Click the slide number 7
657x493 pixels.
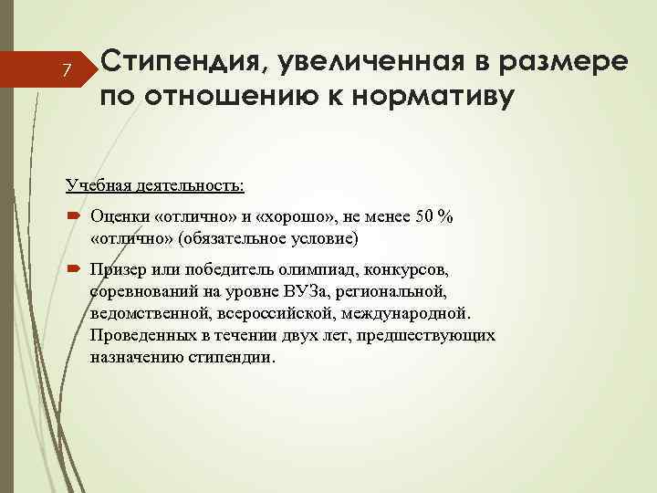(66, 71)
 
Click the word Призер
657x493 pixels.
(119, 271)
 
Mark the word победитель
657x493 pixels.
(224, 271)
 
